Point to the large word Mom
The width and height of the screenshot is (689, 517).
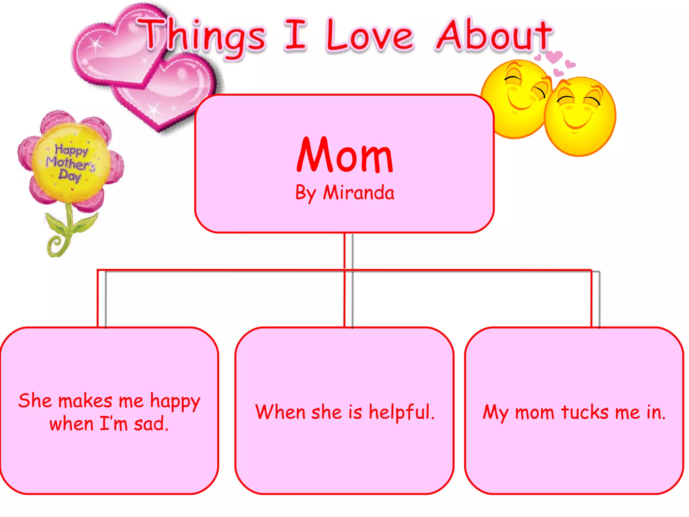(x=345, y=156)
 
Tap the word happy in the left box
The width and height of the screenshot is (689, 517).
(x=175, y=402)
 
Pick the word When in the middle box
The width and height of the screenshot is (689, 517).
(x=280, y=412)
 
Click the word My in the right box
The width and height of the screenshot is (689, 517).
(x=495, y=413)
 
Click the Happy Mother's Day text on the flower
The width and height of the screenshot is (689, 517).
(x=71, y=163)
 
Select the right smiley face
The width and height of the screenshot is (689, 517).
(x=580, y=116)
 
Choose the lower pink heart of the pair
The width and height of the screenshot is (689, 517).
(x=168, y=94)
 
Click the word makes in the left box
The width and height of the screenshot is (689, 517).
(x=85, y=401)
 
